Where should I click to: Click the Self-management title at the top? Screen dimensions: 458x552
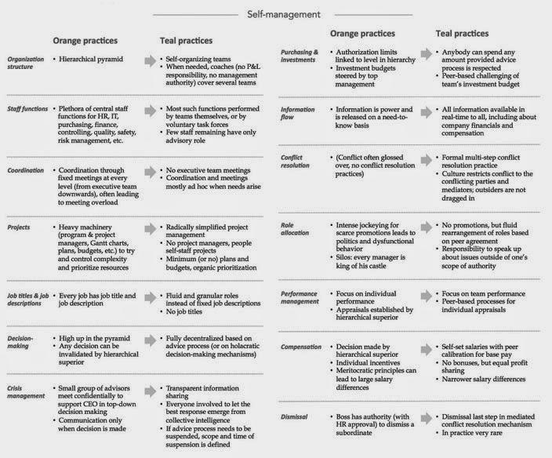[x=277, y=13]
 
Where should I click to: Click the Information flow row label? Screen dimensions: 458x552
[x=300, y=113]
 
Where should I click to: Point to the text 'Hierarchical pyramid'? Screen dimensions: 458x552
[x=93, y=59]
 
